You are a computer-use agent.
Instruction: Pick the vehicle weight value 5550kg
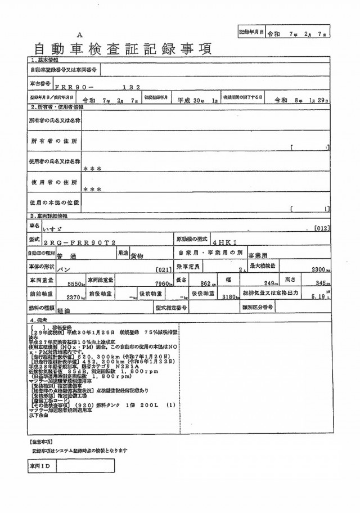pos(75,284)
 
